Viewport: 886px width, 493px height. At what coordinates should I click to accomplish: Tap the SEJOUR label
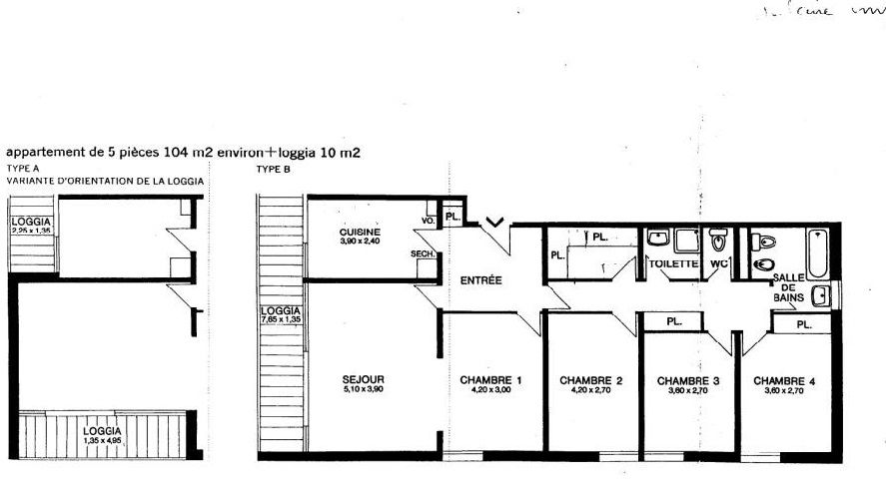click(364, 379)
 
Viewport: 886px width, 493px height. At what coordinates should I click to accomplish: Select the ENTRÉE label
click(480, 280)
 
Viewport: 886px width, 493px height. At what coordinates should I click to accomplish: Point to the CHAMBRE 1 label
click(491, 380)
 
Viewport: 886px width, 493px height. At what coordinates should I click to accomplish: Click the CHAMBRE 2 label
click(591, 380)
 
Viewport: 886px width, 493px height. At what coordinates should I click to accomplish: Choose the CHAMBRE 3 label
click(687, 380)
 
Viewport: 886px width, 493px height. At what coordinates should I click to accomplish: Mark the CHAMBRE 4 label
click(785, 380)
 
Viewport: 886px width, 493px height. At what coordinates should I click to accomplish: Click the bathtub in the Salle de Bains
click(818, 253)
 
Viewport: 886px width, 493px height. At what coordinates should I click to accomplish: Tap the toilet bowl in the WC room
click(717, 242)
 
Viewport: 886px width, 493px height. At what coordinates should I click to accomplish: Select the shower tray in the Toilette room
click(686, 241)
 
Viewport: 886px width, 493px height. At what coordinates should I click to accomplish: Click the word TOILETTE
click(672, 264)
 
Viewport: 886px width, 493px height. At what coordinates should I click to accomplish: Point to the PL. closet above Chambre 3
click(674, 321)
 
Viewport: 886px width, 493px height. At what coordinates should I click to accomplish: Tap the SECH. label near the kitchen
click(421, 254)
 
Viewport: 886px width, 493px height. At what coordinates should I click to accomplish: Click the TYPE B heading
click(272, 170)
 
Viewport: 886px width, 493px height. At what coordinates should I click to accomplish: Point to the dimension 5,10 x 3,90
click(364, 389)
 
